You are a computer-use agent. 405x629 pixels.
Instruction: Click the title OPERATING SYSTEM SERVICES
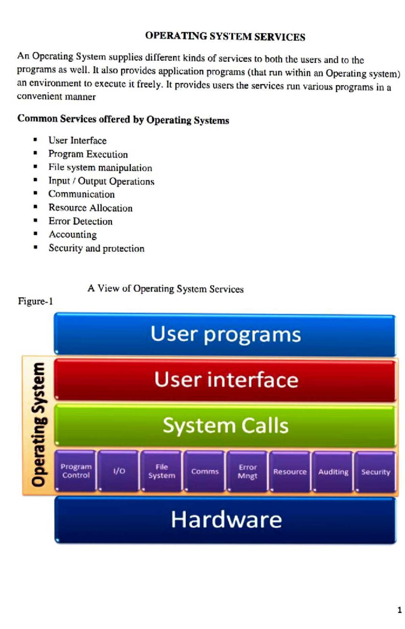(225, 36)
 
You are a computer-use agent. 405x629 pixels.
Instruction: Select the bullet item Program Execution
(88, 154)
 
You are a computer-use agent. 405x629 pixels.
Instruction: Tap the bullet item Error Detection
(80, 221)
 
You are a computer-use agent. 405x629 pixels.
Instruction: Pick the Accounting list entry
(73, 234)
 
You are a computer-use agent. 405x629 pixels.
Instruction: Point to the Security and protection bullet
(97, 248)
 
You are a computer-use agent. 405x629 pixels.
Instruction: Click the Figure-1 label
(35, 301)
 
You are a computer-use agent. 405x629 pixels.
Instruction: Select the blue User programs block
(225, 334)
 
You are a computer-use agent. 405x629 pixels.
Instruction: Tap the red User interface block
(225, 380)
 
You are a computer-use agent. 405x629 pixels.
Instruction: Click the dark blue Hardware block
(225, 520)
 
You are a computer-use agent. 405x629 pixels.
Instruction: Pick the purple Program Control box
(76, 471)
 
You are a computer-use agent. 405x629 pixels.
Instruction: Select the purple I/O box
(118, 471)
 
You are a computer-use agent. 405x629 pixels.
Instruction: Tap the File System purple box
(161, 471)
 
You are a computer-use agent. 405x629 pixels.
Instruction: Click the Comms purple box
(205, 471)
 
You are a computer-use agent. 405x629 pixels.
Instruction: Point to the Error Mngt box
(247, 471)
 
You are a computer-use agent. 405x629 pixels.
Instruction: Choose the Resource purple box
(290, 472)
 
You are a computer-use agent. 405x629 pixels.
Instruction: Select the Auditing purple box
(333, 472)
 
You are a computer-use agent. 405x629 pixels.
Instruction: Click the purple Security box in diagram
(376, 472)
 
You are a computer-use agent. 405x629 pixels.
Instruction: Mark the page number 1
(400, 610)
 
